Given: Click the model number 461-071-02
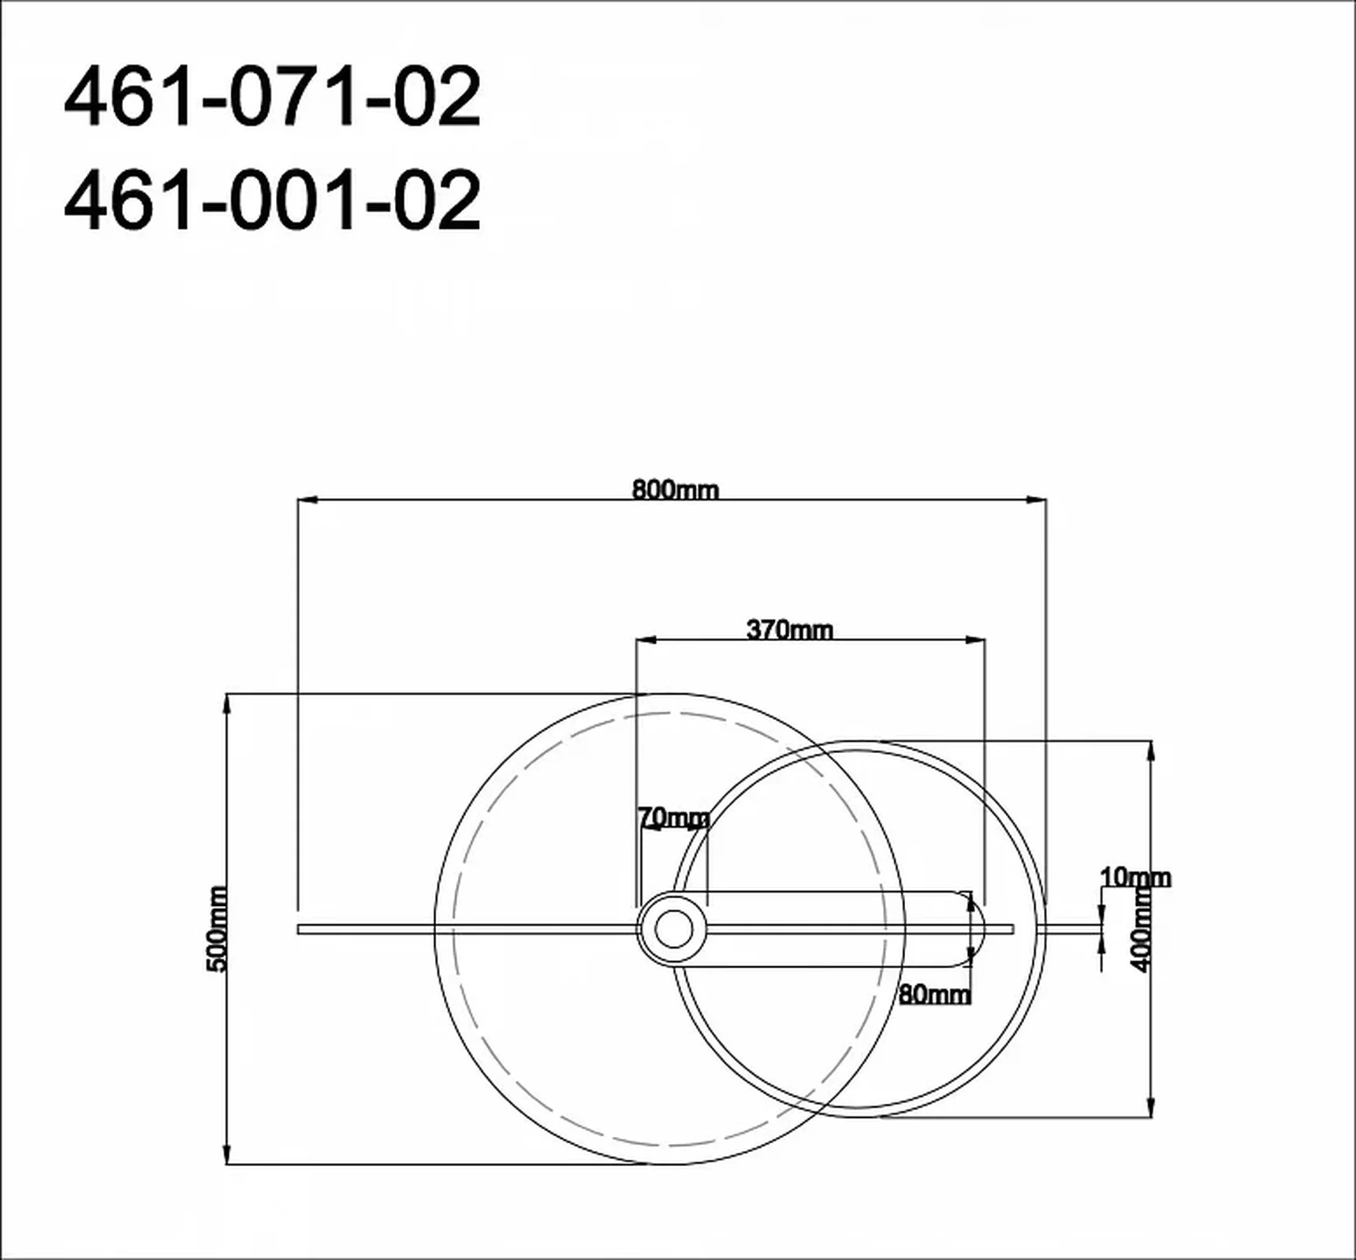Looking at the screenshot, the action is tap(272, 96).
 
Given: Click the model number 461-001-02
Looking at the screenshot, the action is tap(272, 200).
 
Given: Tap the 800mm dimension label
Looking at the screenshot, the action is tap(676, 490).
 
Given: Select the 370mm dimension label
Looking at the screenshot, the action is tap(789, 629).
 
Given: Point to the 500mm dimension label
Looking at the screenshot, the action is tap(217, 929).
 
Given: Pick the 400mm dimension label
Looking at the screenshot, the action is tap(1141, 929).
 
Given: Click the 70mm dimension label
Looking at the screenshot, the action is tap(674, 818).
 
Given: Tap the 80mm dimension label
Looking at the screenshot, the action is tap(935, 994).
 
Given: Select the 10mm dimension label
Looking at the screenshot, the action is tap(1135, 877).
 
